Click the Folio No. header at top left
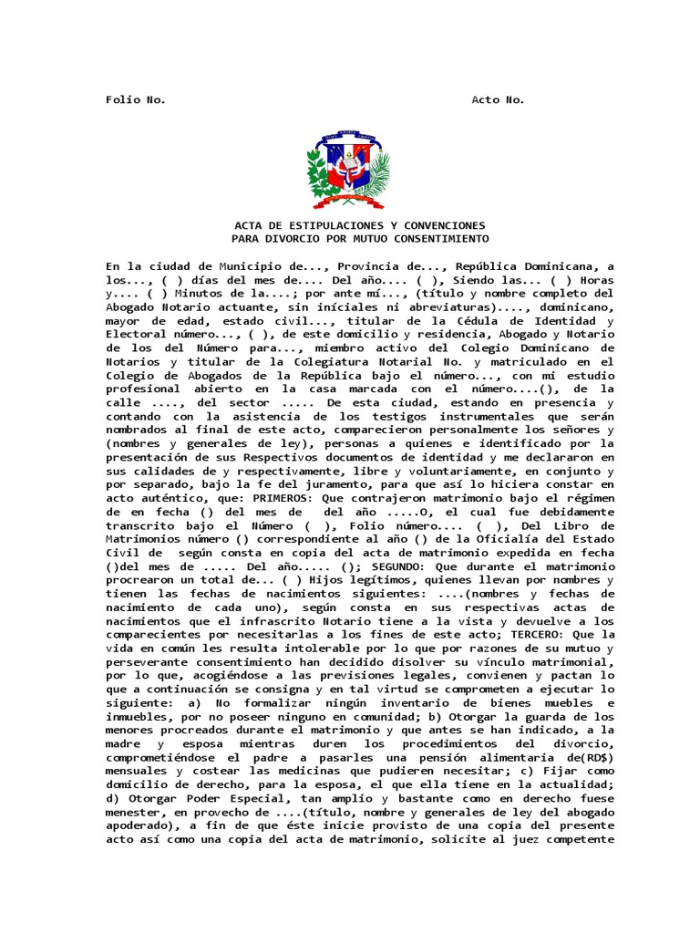(136, 99)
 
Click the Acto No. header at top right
(498, 99)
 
